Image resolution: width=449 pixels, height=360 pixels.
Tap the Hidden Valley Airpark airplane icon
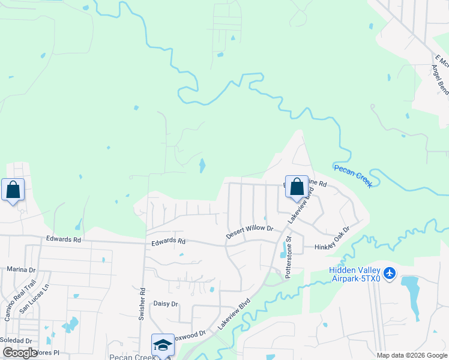click(390, 274)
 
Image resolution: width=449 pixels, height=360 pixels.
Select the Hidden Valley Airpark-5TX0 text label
click(355, 274)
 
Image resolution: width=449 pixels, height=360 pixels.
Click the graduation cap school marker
click(163, 345)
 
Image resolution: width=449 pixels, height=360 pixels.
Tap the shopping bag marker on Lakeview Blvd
click(297, 187)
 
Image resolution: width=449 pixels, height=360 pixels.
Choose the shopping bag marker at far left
click(13, 190)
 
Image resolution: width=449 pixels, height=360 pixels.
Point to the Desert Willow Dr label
click(250, 232)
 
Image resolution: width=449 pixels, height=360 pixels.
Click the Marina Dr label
click(21, 269)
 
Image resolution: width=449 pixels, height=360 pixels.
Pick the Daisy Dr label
click(166, 304)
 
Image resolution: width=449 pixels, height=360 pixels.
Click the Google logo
click(20, 353)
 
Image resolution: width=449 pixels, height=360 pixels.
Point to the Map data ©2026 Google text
click(411, 355)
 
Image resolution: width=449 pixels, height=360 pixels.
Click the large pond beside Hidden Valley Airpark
click(412, 298)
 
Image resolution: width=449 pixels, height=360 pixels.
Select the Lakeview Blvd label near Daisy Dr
click(234, 315)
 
